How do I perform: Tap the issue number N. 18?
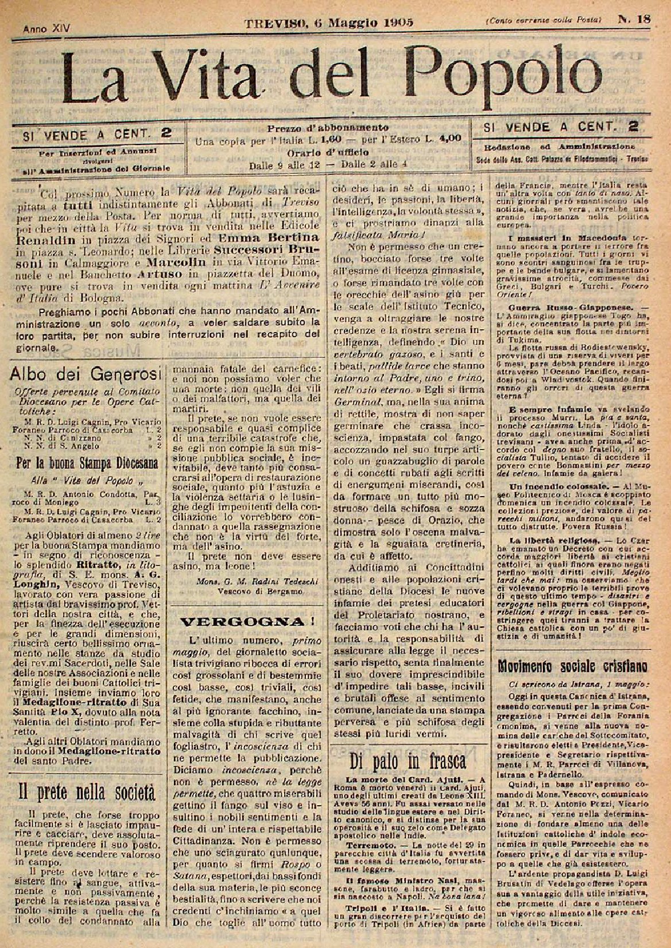[x=634, y=19]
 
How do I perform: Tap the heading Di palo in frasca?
[x=408, y=760]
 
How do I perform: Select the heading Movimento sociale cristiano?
[x=573, y=666]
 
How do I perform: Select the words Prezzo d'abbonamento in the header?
[x=328, y=127]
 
